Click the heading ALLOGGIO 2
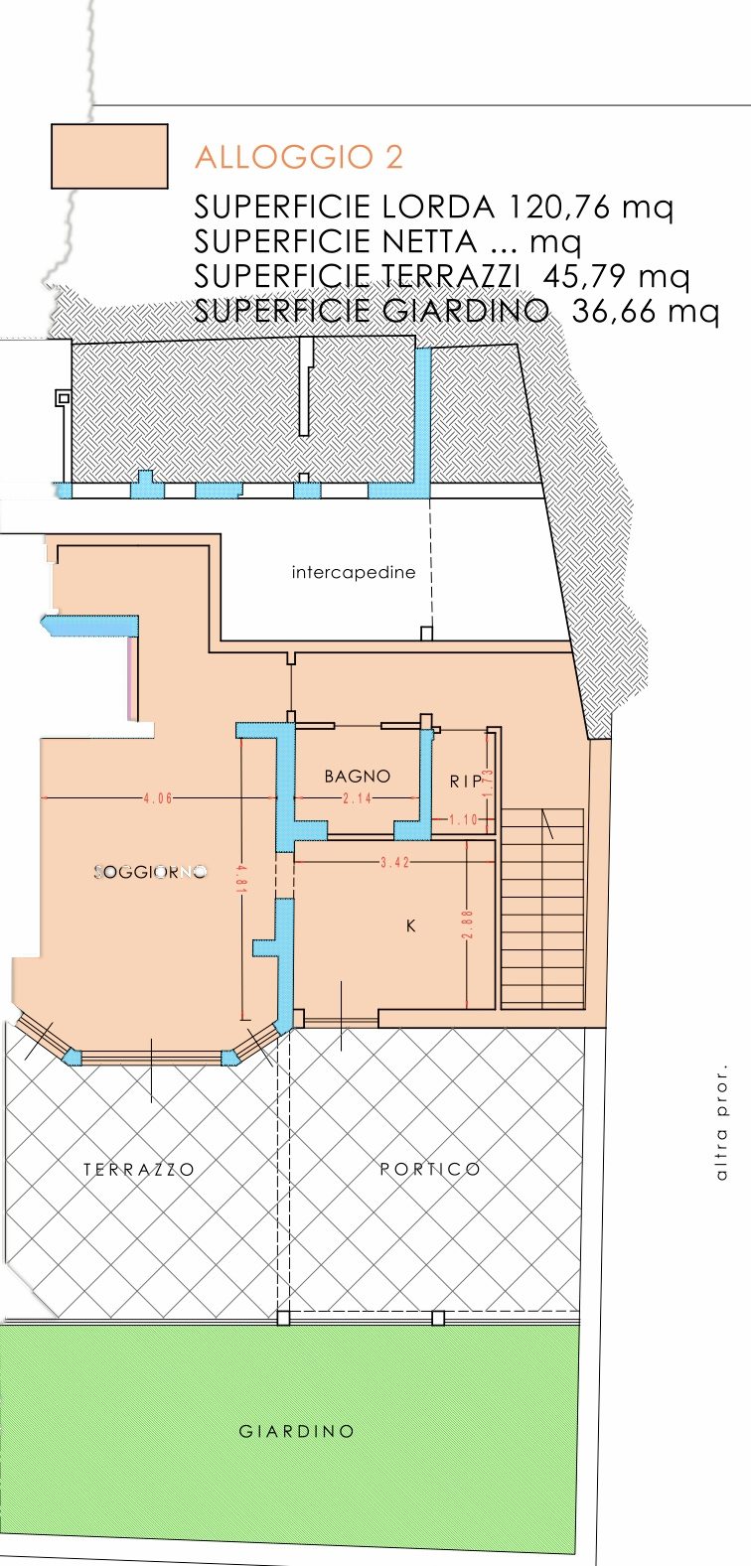point(299,157)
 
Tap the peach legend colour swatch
point(110,156)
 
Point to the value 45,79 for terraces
point(584,276)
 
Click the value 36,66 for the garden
point(613,311)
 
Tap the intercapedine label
point(354,573)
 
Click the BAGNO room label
point(358,776)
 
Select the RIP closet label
point(467,781)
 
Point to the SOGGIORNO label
point(151,872)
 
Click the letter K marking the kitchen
point(411,925)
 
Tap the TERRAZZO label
point(139,1169)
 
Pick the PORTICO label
point(430,1169)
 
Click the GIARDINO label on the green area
point(296,1431)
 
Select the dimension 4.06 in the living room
point(158,798)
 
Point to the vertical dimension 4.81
point(241,879)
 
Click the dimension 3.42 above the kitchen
point(395,863)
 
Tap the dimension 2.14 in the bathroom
point(358,798)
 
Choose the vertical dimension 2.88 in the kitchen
point(468,925)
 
